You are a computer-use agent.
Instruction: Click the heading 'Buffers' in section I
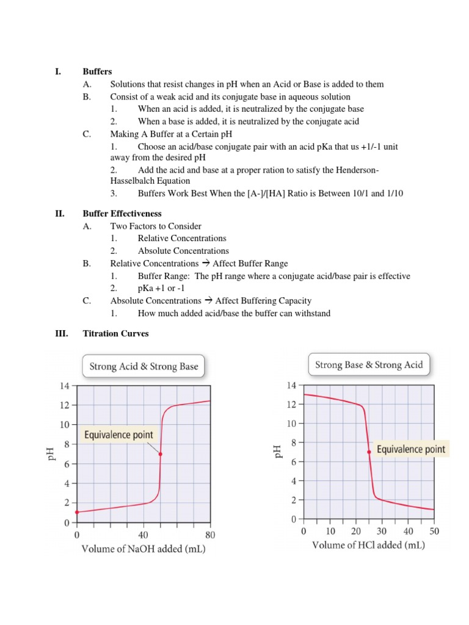[x=97, y=72]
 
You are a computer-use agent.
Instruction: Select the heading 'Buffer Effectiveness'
[x=122, y=214]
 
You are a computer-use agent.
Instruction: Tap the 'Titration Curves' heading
[x=115, y=334]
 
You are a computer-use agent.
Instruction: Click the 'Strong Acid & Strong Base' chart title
[x=144, y=366]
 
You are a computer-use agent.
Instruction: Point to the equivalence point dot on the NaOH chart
[x=161, y=454]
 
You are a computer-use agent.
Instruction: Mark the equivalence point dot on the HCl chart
[x=369, y=452]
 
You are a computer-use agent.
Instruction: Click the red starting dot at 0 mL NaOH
[x=77, y=513]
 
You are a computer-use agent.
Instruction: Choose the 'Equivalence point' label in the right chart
[x=411, y=449]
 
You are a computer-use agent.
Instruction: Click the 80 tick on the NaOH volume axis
[x=210, y=535]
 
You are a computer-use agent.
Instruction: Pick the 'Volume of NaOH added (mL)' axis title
[x=144, y=549]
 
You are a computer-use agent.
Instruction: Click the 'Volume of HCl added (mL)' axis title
[x=368, y=545]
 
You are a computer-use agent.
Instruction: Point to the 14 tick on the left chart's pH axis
[x=64, y=385]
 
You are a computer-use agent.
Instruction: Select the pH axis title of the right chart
[x=279, y=451]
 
